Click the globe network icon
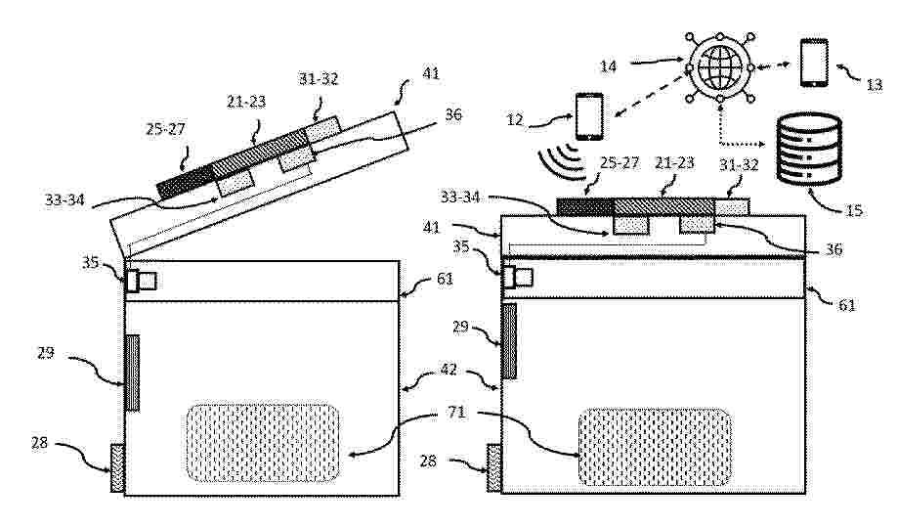[720, 67]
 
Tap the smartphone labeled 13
[814, 63]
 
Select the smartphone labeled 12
[589, 117]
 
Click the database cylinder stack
[809, 149]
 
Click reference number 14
[608, 66]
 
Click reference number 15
[854, 210]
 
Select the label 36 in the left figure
[453, 114]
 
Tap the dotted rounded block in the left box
[262, 442]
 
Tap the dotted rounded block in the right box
[655, 447]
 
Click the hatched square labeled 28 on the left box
[117, 467]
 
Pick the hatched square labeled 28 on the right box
[493, 467]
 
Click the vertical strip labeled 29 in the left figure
[132, 373]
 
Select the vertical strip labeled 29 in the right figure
[509, 341]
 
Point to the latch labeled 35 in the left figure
[141, 281]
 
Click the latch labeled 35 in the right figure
[518, 278]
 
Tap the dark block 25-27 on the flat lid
[584, 206]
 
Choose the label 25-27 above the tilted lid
[165, 129]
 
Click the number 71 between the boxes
[456, 413]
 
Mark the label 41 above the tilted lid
[431, 73]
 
